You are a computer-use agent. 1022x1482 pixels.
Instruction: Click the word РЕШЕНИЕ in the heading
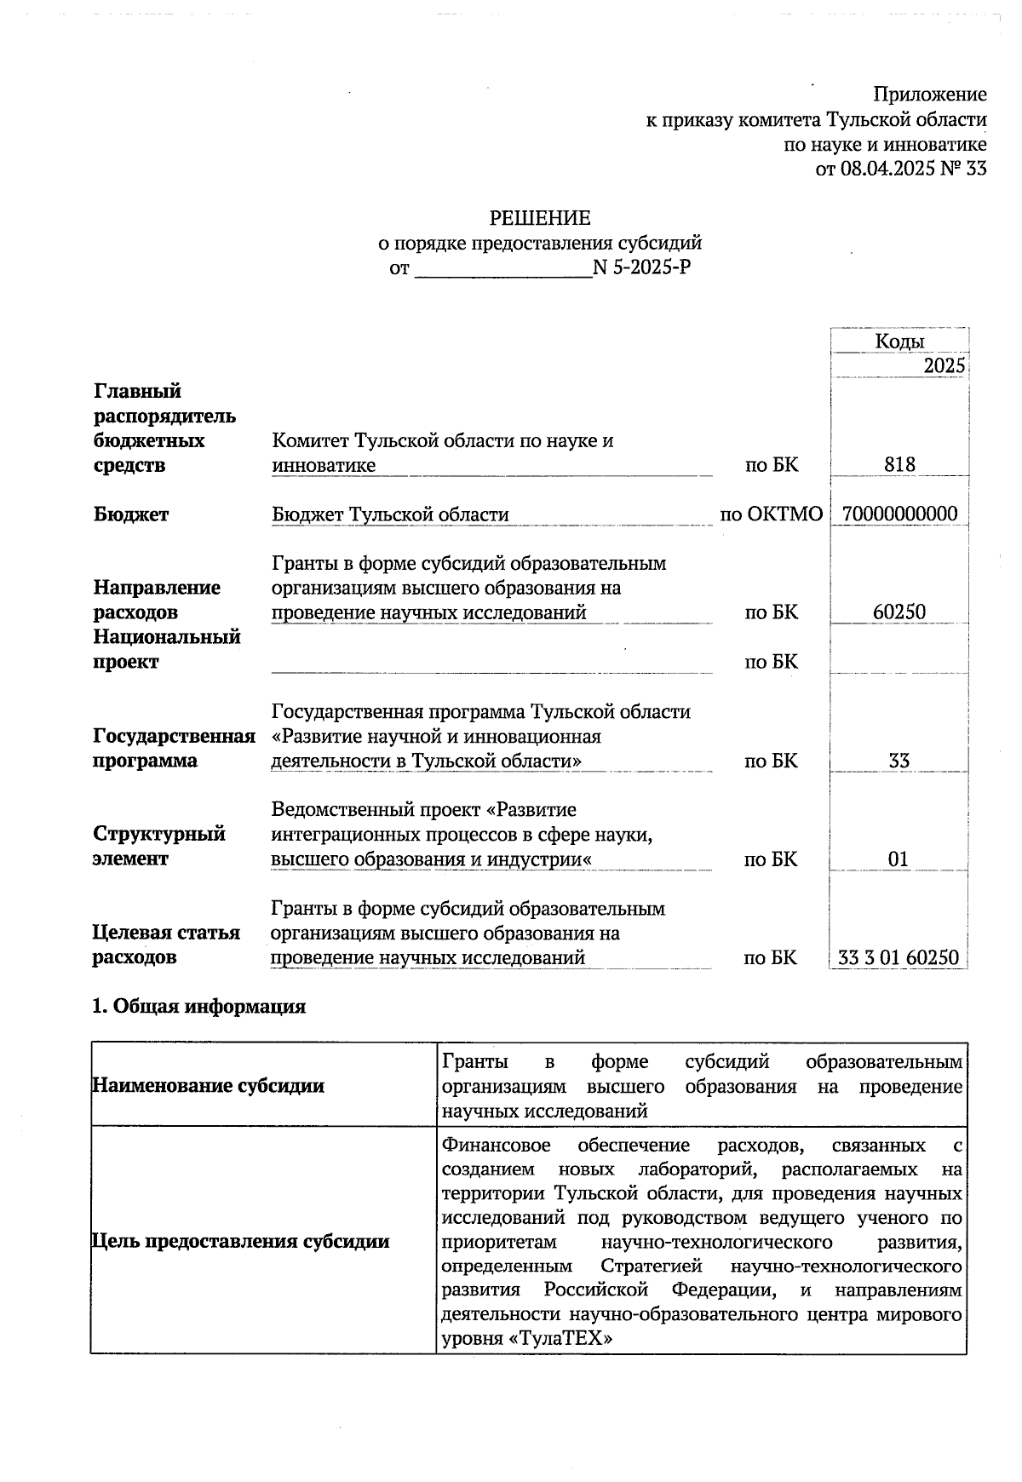(x=539, y=218)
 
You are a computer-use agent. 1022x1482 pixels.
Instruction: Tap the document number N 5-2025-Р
(x=641, y=268)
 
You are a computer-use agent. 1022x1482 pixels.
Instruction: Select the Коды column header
(x=899, y=342)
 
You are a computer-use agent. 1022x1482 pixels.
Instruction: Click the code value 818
(x=899, y=464)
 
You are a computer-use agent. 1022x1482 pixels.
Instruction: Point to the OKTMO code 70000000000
(x=899, y=514)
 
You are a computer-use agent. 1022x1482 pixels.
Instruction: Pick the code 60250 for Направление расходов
(x=899, y=612)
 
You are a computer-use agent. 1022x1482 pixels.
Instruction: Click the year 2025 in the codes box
(x=944, y=366)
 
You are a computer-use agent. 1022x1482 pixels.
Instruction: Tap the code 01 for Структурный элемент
(x=899, y=859)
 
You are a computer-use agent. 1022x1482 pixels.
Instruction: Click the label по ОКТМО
(x=771, y=514)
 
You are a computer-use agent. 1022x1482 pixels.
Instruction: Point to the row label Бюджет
(x=130, y=514)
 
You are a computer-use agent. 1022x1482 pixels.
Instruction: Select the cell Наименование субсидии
(x=209, y=1085)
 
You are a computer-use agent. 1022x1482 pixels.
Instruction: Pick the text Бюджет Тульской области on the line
(x=390, y=514)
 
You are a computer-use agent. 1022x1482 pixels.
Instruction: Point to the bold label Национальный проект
(x=167, y=649)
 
